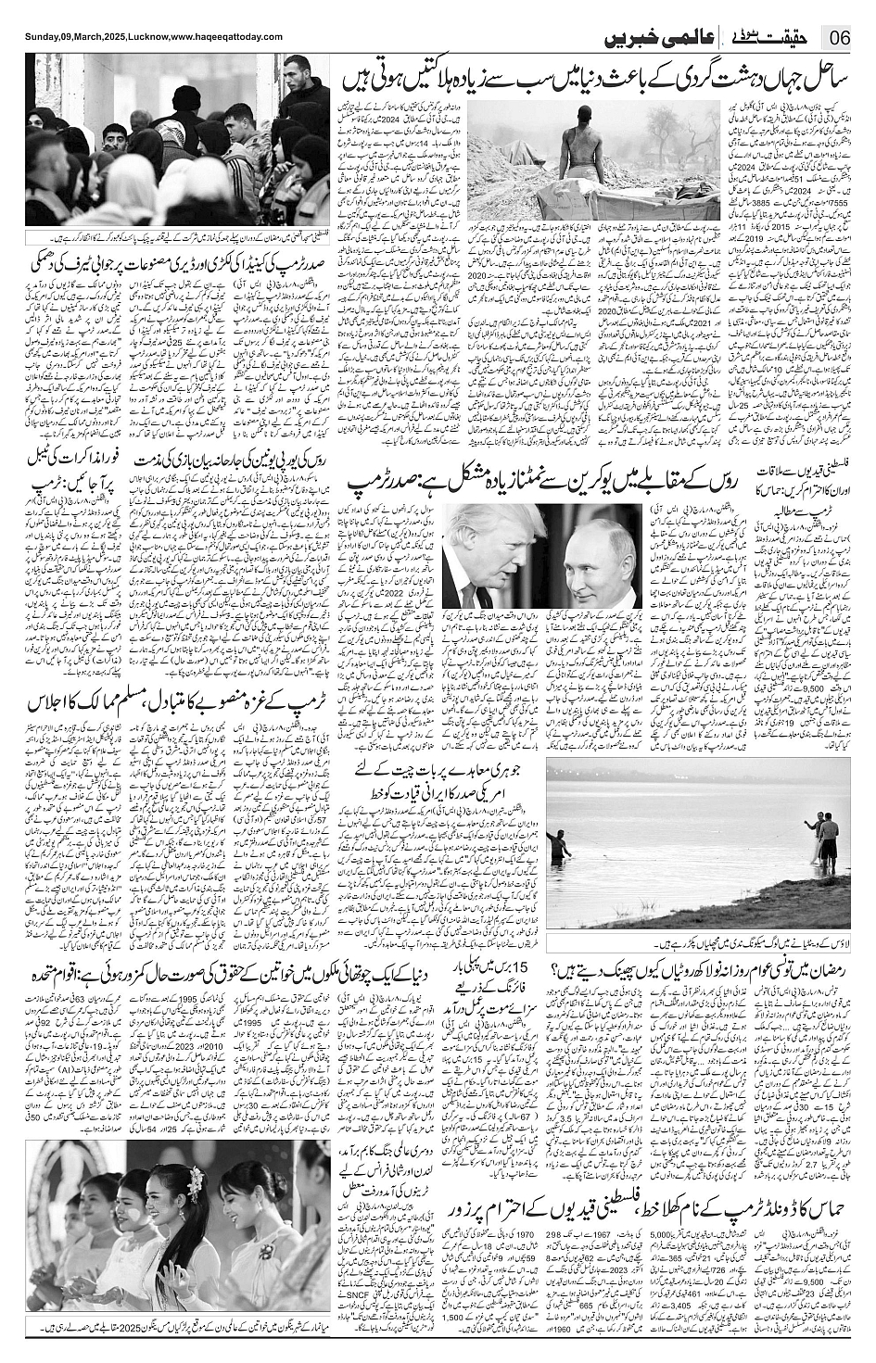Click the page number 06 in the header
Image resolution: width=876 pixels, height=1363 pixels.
click(x=841, y=38)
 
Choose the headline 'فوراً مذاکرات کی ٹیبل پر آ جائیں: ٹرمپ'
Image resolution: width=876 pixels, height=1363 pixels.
click(x=70, y=470)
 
